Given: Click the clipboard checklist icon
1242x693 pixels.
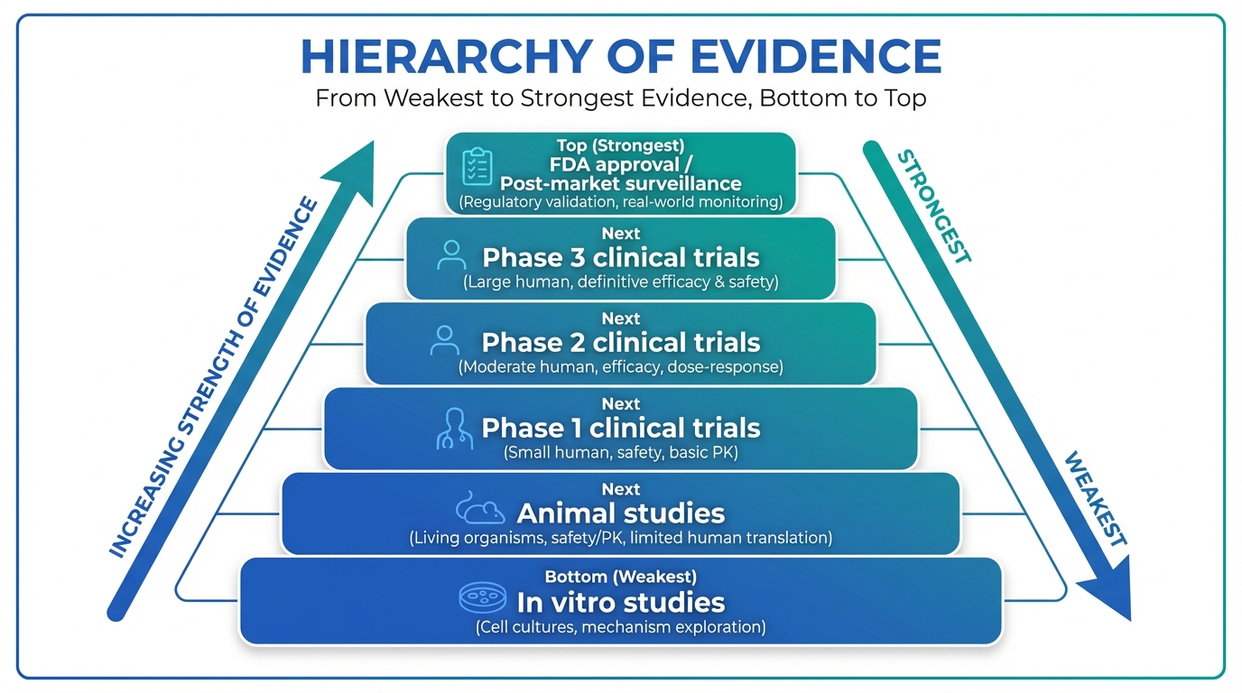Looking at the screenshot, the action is point(477,166).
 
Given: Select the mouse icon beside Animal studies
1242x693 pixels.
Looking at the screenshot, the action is point(480,507).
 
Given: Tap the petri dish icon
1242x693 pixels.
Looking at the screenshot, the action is point(483,597).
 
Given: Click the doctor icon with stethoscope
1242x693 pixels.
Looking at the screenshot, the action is point(455,429).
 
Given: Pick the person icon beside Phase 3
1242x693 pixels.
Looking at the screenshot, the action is point(451,255).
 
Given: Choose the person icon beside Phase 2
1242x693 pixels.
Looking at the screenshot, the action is point(445,340).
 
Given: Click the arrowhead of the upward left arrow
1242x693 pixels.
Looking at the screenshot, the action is point(354,171).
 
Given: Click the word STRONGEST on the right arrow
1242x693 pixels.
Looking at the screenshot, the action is point(933,207).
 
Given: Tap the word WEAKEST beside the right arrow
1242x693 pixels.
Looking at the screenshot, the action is point(1096,499).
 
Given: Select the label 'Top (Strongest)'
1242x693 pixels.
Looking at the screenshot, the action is point(620,145).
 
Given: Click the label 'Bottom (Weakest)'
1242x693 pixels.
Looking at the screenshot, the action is point(620,577).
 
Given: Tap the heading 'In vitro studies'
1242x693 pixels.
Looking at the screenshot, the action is point(620,603).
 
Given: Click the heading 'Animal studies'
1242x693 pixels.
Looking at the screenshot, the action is point(620,513).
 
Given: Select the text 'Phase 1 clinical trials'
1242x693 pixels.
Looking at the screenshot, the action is point(620,428).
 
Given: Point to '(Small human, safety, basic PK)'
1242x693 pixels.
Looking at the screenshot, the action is point(620,452).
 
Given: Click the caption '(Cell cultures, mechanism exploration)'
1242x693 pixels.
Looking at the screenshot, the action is point(620,627).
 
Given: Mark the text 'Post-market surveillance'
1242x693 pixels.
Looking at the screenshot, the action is point(620,183).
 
